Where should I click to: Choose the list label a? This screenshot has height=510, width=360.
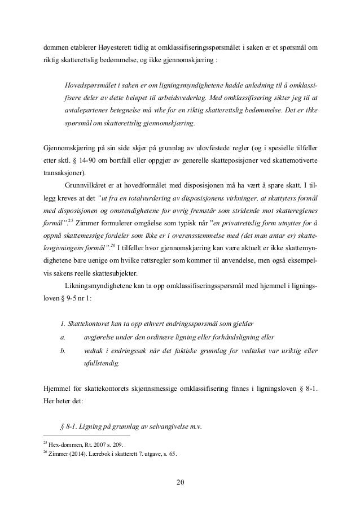pyautogui.click(x=62, y=338)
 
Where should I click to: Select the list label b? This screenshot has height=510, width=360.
pyautogui.click(x=62, y=351)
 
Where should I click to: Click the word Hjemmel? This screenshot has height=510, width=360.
pyautogui.click(x=56, y=390)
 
